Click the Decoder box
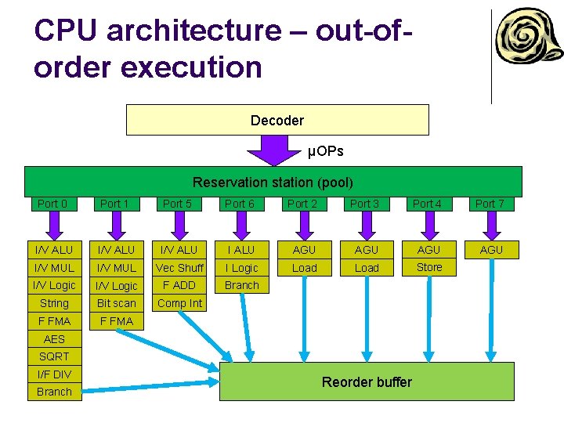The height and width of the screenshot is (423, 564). click(277, 120)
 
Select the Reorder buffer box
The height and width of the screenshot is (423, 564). click(367, 381)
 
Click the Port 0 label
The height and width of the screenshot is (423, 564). click(52, 204)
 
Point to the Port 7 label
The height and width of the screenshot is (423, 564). click(490, 204)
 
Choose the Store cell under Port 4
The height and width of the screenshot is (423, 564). click(428, 267)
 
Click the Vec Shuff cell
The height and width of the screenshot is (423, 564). click(179, 268)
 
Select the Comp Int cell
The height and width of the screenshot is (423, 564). click(179, 303)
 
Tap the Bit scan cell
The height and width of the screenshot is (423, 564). click(116, 303)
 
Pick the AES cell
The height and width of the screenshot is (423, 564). click(54, 339)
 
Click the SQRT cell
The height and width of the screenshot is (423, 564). click(54, 356)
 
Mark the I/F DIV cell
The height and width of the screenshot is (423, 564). click(54, 374)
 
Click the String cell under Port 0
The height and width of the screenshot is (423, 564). click(54, 303)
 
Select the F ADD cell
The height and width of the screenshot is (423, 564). click(179, 285)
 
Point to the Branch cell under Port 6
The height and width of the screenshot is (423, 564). click(241, 285)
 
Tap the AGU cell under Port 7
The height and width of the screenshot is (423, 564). click(491, 250)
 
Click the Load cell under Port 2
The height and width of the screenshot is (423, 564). click(304, 268)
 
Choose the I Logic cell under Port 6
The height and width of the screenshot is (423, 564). click(241, 268)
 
